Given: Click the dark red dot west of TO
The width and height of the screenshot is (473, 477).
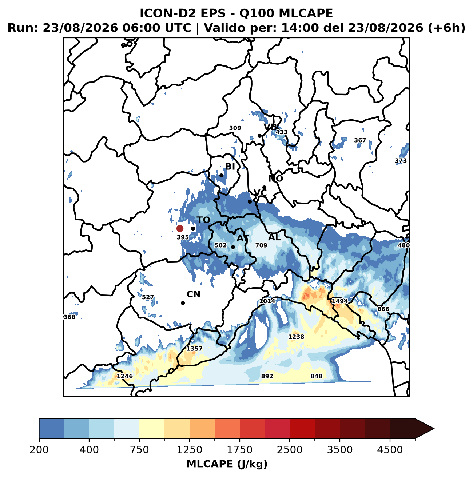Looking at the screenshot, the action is coord(180,228).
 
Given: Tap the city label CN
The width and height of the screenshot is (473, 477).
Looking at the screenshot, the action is coord(193,294).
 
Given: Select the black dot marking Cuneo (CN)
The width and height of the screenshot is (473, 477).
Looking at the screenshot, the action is coord(183,303).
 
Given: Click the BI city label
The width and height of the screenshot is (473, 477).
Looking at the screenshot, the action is coord(230,167).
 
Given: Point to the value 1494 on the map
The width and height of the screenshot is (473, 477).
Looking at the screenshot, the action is coord(340,301).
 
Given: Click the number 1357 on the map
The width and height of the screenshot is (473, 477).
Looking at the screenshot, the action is coord(194,349).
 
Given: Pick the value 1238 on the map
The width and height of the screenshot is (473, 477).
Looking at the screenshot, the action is coord(296,337).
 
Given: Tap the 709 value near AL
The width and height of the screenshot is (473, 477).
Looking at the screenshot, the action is coord(261,245).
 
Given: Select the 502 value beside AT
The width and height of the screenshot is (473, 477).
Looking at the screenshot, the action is coord(220,245).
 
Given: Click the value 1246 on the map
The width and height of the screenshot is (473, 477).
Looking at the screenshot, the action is coord(125,376).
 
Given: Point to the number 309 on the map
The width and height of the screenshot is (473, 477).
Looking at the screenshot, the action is coord(235,128).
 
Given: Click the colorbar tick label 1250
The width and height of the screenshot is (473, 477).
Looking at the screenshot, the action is coord(189,449).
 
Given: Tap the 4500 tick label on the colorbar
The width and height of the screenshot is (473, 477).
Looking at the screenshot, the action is coord(390,449).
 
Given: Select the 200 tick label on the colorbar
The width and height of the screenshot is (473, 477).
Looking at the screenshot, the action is coord(39,449).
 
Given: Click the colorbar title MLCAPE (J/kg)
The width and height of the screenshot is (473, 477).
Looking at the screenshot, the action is coord(227,464).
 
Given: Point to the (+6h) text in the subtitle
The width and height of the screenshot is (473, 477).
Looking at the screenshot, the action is coord(446,28).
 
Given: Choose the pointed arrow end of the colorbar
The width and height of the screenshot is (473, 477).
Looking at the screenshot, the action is coord(434,429).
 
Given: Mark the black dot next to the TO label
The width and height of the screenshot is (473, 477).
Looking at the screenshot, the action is coord(193,228).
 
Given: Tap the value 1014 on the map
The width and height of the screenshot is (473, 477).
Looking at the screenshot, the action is coord(267,301).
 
